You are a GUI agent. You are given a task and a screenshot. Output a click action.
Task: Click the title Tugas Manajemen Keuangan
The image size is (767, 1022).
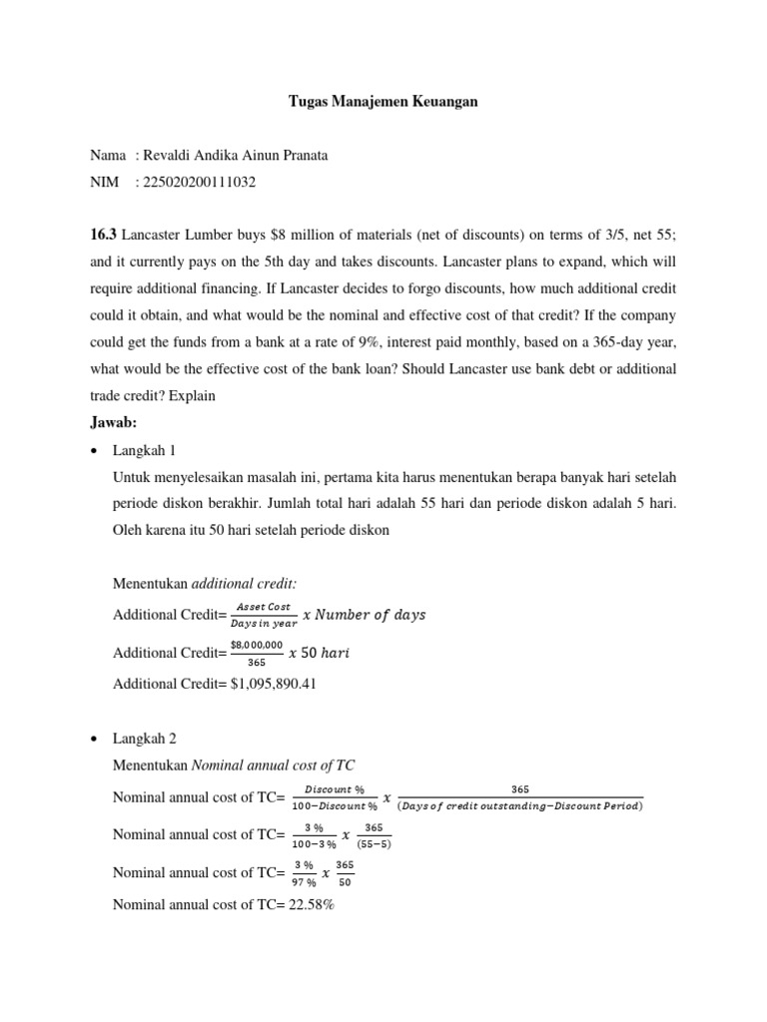[x=383, y=102]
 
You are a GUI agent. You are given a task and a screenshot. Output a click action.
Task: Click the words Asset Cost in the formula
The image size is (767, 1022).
[x=263, y=606]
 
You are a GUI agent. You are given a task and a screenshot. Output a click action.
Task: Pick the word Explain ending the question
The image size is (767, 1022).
[x=192, y=395]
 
